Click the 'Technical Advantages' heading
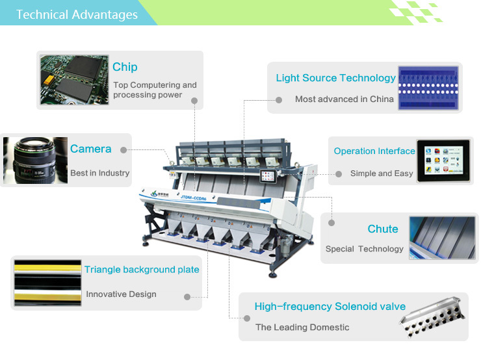(77, 14)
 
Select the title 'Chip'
(125, 67)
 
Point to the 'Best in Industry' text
(99, 174)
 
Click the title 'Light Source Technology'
(335, 78)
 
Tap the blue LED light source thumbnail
(428, 88)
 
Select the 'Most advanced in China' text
(344, 99)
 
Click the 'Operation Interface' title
(374, 151)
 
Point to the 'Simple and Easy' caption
(381, 174)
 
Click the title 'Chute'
(382, 229)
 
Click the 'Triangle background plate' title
(142, 270)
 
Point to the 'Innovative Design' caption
(121, 294)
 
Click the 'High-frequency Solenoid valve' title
(330, 307)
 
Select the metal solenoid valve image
(434, 316)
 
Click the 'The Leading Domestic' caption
(302, 328)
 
